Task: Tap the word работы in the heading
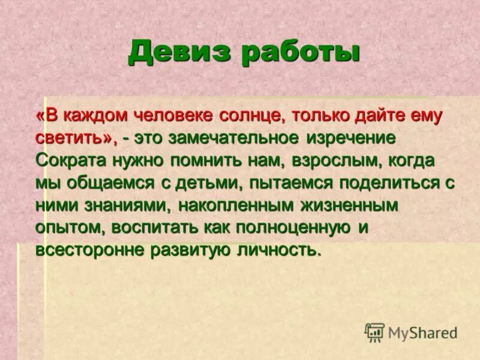pyautogui.click(x=300, y=53)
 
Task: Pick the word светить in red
pyautogui.click(x=74, y=137)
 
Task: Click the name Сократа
pyautogui.click(x=71, y=160)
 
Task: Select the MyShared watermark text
pyautogui.click(x=423, y=332)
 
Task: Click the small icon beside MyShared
pyautogui.click(x=374, y=332)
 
